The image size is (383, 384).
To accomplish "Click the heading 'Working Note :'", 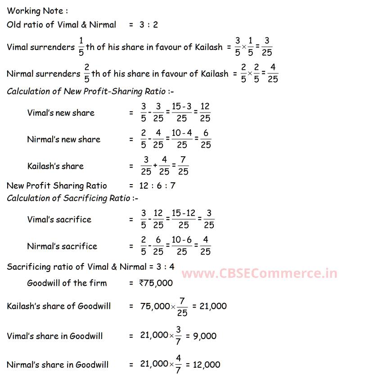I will click(37, 11).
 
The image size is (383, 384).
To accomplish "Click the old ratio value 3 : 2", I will click(149, 25).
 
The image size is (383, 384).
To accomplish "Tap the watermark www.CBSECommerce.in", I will click(259, 273).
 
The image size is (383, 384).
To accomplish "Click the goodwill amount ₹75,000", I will click(156, 283).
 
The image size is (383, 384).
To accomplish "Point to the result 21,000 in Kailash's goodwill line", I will click(210, 306).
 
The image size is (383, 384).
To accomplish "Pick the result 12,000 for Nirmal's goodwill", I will click(207, 365).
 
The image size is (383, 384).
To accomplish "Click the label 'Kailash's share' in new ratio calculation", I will click(55, 166).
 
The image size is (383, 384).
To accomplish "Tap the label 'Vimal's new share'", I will click(61, 113).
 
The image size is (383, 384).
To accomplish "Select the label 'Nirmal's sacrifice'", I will click(62, 246).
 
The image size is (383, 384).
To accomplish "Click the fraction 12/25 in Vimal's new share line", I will click(205, 113).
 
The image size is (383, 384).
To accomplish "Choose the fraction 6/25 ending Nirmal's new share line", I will click(205, 140).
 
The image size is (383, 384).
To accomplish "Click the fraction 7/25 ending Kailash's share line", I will click(183, 166).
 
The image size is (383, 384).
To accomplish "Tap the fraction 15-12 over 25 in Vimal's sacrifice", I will click(182, 219).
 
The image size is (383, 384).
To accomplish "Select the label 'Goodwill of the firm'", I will click(67, 283).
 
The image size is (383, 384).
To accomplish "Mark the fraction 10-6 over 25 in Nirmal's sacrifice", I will click(182, 246).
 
